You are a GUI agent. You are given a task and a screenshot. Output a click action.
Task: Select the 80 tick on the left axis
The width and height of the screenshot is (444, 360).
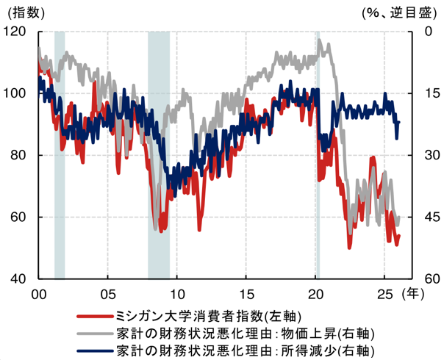point(17,155)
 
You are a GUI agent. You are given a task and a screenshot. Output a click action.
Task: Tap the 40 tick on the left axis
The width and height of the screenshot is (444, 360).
point(17,278)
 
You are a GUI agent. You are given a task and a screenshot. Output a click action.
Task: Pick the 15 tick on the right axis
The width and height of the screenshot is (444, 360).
point(426,93)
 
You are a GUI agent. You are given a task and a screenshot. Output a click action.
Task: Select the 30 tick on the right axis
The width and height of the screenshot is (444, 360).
point(427,155)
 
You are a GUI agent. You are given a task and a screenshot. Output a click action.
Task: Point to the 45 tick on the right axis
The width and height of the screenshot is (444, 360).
point(427,217)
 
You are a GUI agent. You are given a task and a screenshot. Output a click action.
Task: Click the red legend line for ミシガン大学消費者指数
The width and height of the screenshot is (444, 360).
point(95,316)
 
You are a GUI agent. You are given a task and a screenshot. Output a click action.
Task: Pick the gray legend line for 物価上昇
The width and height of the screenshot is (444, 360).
point(95,333)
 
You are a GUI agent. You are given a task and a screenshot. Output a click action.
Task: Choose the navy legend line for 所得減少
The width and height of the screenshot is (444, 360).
point(95,350)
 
